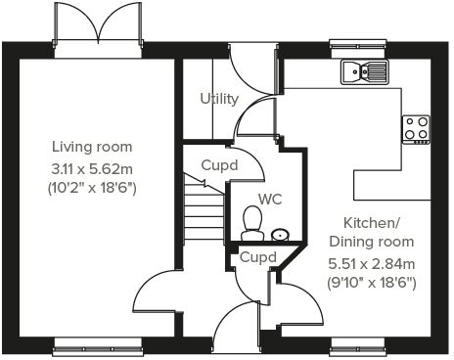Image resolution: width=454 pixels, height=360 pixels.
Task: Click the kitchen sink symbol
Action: (x=365, y=70)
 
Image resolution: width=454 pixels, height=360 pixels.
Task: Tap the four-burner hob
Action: (x=416, y=128)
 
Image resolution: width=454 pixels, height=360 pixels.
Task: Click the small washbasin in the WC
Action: (x=280, y=234)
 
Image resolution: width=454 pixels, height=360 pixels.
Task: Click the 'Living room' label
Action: (x=92, y=147)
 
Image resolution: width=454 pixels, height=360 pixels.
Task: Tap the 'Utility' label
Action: (x=219, y=99)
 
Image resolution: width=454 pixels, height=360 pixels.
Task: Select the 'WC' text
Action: (x=270, y=199)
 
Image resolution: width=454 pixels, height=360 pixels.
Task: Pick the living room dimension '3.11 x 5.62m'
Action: (x=92, y=167)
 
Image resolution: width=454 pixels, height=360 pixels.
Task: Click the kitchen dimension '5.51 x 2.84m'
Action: (x=371, y=262)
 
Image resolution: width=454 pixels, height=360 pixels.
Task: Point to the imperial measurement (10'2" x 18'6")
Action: (x=92, y=187)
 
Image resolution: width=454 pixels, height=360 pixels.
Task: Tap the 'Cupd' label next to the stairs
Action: (x=219, y=165)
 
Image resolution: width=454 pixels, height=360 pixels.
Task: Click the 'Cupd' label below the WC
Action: (x=258, y=257)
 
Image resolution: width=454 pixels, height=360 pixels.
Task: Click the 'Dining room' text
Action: (x=371, y=242)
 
